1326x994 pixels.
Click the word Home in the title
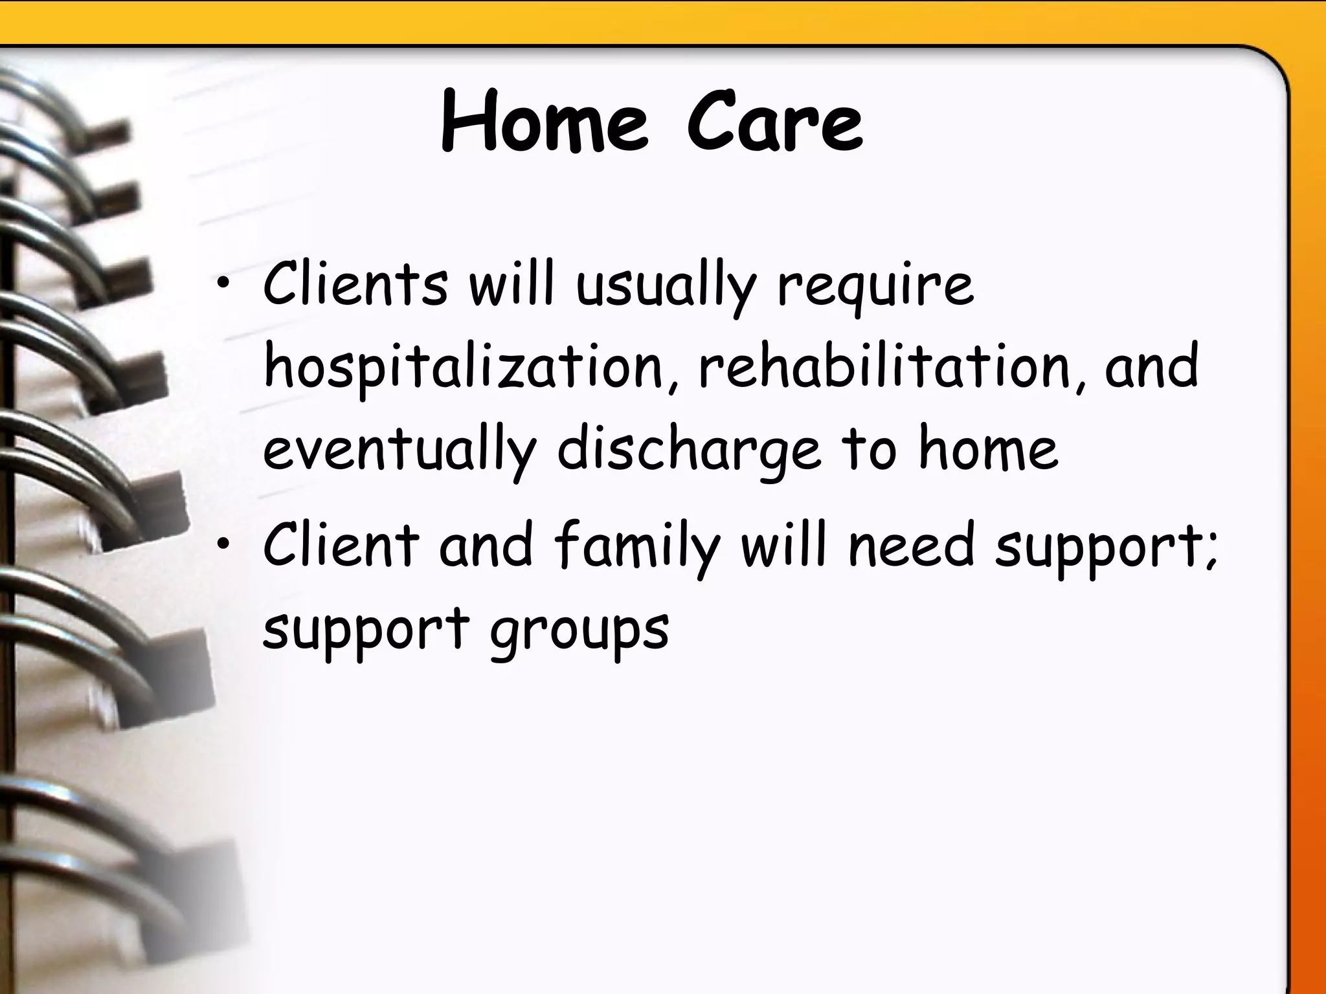(x=544, y=123)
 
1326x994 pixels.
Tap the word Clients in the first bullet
(x=355, y=285)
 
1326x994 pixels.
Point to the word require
(x=875, y=288)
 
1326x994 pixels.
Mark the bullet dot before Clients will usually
(x=223, y=288)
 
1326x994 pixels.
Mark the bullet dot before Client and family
(x=223, y=547)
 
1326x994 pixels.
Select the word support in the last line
(x=366, y=631)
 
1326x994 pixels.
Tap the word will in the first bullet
(x=511, y=285)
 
